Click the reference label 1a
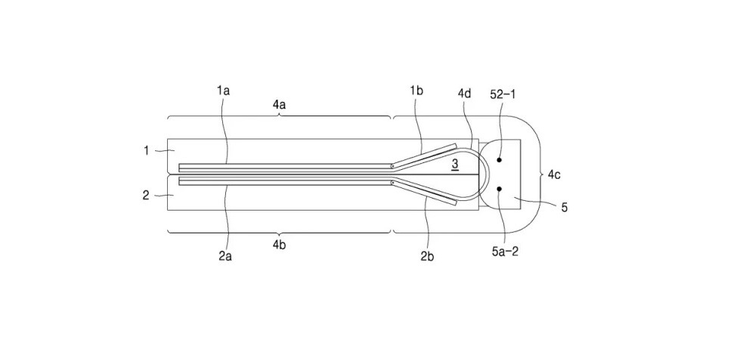pos(223,91)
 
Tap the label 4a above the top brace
pos(280,105)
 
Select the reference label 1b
pos(416,91)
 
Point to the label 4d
pos(464,93)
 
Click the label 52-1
pos(503,94)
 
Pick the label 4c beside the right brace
pos(555,175)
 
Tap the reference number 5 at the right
pos(564,207)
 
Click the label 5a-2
pos(505,251)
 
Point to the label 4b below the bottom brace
pos(280,245)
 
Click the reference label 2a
pos(225,256)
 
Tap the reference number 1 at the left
pos(147,151)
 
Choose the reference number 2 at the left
pos(146,195)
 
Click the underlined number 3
pos(455,164)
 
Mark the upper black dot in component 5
pos(500,160)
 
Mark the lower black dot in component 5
pos(500,189)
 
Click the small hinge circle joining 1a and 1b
pos(392,166)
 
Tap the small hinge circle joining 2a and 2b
pos(392,182)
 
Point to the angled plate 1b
pos(424,156)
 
